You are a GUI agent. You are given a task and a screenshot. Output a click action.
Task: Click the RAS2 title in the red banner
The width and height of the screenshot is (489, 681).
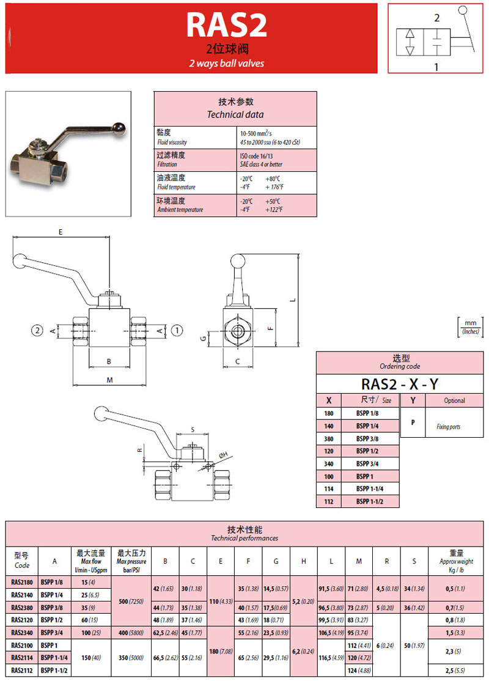(x=226, y=26)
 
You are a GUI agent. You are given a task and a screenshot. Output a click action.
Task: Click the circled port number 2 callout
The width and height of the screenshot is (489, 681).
(x=38, y=330)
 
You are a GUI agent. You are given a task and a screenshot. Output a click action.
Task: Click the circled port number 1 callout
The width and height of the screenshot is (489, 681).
(x=177, y=330)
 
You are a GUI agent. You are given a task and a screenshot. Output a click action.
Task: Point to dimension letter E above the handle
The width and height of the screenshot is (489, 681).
(x=60, y=232)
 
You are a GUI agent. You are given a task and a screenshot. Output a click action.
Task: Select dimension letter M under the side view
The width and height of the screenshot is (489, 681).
(x=109, y=380)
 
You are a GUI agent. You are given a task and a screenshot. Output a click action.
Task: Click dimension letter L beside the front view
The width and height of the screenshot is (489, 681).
(x=293, y=300)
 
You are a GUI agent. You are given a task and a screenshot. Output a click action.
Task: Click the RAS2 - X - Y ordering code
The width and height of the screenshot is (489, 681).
(x=400, y=383)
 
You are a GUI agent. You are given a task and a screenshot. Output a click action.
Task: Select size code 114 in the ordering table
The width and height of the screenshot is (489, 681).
(x=329, y=488)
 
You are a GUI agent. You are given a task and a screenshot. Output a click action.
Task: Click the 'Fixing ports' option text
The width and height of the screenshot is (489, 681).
(x=448, y=427)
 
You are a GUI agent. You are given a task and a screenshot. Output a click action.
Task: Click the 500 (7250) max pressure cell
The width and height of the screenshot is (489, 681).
(x=131, y=602)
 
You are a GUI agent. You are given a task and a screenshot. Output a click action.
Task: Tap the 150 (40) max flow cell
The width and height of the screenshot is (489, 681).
(x=91, y=657)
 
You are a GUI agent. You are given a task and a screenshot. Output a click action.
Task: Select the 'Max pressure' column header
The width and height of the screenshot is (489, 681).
(x=131, y=561)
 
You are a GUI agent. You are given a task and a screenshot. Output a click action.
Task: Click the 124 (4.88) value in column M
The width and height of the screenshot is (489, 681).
(x=359, y=671)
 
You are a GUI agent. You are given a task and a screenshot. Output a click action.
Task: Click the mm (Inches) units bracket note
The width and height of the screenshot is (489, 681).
(x=469, y=327)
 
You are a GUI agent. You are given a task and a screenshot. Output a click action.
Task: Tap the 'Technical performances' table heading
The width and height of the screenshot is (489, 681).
(x=244, y=538)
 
